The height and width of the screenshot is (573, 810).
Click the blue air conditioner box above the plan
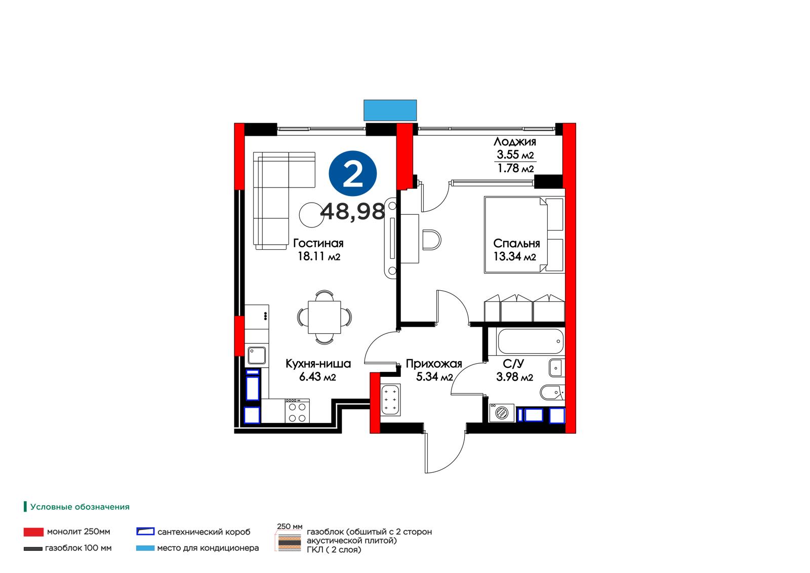pyautogui.click(x=390, y=110)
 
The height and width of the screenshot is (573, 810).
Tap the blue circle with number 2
pyautogui.click(x=352, y=174)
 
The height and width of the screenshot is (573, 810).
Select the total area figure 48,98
pyautogui.click(x=352, y=212)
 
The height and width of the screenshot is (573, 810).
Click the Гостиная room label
pyautogui.click(x=318, y=243)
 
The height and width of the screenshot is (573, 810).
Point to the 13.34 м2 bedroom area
pyautogui.click(x=514, y=256)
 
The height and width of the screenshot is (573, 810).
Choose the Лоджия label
pyautogui.click(x=514, y=141)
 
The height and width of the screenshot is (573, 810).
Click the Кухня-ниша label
pyautogui.click(x=318, y=363)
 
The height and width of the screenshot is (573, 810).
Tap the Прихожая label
pyautogui.click(x=434, y=363)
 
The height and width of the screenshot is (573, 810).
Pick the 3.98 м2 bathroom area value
pyautogui.click(x=514, y=377)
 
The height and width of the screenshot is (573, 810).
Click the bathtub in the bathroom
pyautogui.click(x=531, y=341)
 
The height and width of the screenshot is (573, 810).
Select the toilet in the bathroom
pyautogui.click(x=552, y=392)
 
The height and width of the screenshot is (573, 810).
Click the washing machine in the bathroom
pyautogui.click(x=502, y=412)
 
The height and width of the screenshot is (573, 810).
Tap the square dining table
pyautogui.click(x=325, y=317)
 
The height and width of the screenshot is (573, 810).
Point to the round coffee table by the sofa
pyautogui.click(x=311, y=215)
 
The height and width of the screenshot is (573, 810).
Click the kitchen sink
pyautogui.click(x=257, y=356)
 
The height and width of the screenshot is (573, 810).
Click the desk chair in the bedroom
pyautogui.click(x=432, y=240)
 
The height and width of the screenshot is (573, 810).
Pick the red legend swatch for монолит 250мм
pyautogui.click(x=33, y=532)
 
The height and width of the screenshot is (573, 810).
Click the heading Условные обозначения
pyautogui.click(x=80, y=507)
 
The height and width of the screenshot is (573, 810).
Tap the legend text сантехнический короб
pyautogui.click(x=204, y=532)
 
